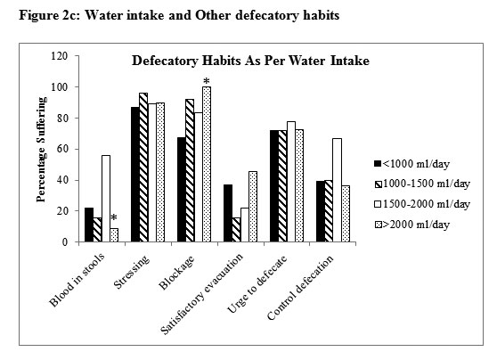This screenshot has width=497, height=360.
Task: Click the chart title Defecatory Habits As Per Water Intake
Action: coord(250,61)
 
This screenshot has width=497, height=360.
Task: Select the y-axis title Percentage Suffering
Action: coord(41,150)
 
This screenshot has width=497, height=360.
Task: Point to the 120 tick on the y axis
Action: coord(60,56)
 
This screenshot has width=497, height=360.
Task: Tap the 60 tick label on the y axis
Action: coord(62,149)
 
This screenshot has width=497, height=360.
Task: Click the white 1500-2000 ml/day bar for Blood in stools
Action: coord(106,199)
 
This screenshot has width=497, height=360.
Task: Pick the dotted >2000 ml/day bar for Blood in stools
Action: coord(114,235)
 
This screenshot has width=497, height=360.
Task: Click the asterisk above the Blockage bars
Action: coord(207,81)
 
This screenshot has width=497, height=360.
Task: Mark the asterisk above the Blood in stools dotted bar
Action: coord(114,218)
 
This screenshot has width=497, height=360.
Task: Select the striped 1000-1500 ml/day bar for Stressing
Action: coord(143,168)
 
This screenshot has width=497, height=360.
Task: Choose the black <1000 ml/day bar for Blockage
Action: coord(182,190)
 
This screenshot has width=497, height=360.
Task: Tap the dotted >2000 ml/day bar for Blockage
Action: coord(207,164)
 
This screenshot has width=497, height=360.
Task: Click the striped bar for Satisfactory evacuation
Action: coord(236,230)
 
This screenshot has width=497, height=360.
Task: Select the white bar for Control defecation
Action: coord(337,191)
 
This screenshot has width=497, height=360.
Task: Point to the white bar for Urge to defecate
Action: coord(291,182)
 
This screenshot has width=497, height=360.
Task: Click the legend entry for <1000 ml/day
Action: coord(412,164)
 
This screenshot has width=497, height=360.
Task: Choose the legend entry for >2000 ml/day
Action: coord(412,225)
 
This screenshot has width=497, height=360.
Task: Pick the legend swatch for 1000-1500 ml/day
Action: coord(378,184)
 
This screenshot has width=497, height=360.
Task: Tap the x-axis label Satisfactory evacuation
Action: coord(202,294)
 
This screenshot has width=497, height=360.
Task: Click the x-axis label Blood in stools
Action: coord(77,280)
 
